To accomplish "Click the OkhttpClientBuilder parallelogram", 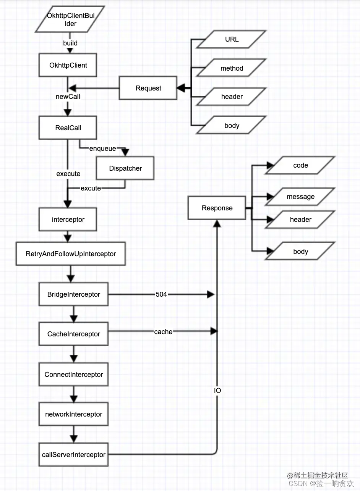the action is [70, 19].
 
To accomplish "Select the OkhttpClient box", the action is [68, 65].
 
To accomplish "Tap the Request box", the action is [148, 88].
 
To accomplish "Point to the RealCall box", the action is [68, 128].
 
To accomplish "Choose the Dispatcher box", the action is [125, 168].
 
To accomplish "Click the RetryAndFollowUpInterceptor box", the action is [71, 254].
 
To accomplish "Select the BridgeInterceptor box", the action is [73, 294].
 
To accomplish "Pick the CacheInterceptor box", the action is [73, 334].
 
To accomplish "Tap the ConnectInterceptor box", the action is [73, 375].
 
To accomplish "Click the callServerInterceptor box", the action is [73, 455].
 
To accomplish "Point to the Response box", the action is [217, 208].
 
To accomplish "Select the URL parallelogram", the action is [232, 39].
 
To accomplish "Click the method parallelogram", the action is [232, 68].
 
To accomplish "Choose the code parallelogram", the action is [300, 165].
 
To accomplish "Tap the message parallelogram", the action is [300, 197].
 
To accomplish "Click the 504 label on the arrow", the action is [161, 294].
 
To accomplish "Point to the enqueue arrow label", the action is [102, 149].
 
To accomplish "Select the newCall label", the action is [68, 97].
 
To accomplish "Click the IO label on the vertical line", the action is [217, 390].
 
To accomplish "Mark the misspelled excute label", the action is [91, 188].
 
